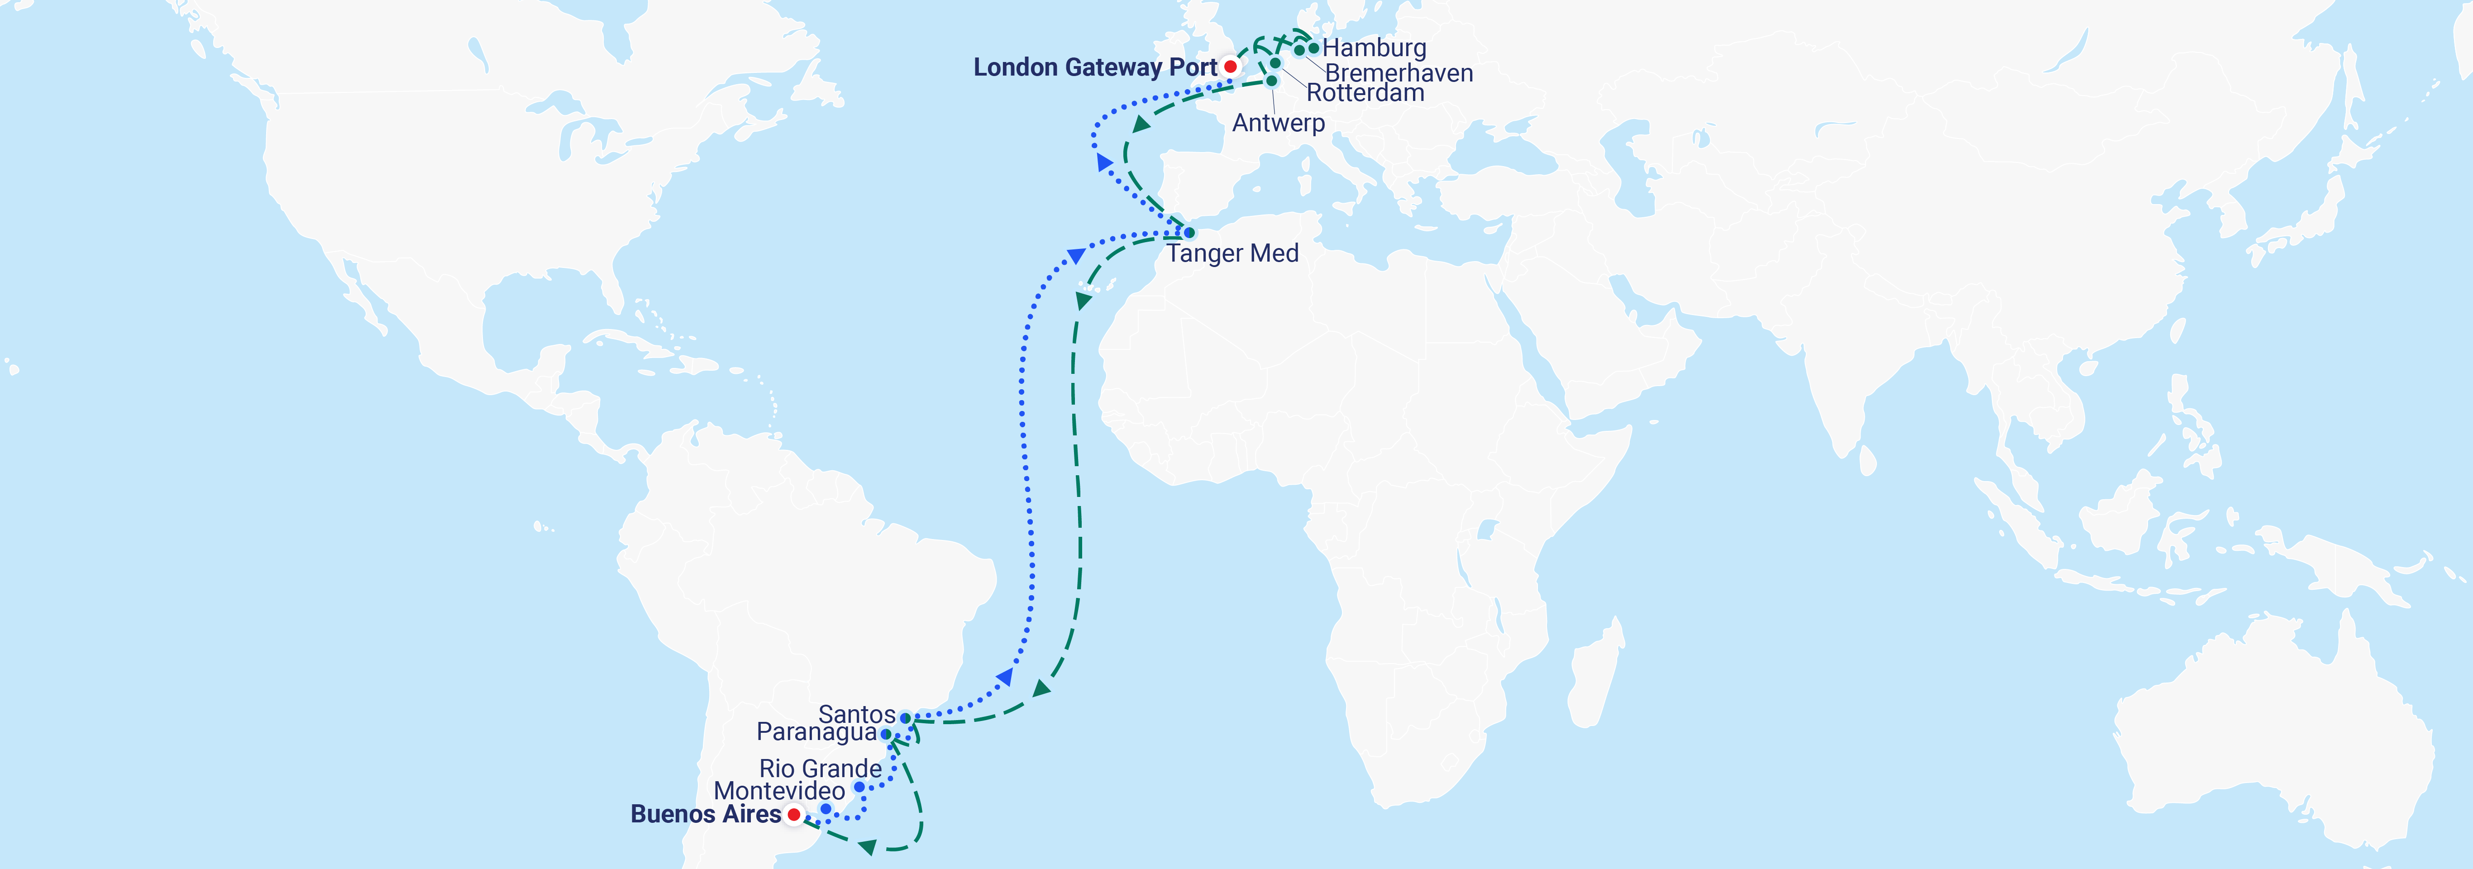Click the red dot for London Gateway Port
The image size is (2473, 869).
[x=1230, y=66]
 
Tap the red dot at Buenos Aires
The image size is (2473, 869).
[x=794, y=814]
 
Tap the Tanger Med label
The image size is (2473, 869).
[x=1233, y=253]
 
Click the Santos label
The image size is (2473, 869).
[x=856, y=714]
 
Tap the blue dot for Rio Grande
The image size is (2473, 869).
[x=859, y=788]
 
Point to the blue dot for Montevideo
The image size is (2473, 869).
[x=826, y=808]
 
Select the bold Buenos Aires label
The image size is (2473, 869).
[x=706, y=814]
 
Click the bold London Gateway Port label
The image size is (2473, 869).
[x=1094, y=67]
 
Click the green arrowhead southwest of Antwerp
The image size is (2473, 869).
[x=1141, y=124]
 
